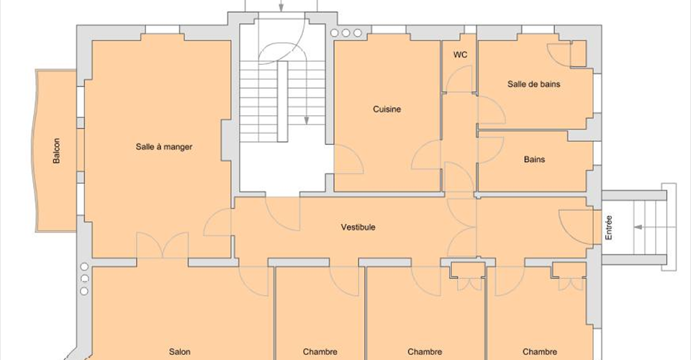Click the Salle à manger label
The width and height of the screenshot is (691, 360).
click(164, 147)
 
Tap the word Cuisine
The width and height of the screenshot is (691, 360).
click(387, 109)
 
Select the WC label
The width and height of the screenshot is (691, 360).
click(460, 55)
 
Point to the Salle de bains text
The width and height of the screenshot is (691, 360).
click(533, 84)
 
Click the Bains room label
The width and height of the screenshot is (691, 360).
click(534, 159)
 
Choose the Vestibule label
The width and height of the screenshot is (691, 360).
click(358, 227)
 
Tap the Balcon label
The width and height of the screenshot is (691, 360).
click(56, 150)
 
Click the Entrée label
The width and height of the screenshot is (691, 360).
click(609, 228)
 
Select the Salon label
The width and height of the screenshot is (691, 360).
click(180, 351)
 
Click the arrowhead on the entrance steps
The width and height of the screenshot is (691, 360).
click(638, 228)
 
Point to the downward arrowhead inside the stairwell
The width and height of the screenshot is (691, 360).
click(307, 120)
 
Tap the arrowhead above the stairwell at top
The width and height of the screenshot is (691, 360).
click(281, 7)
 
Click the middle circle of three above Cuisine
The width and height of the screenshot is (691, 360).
click(346, 33)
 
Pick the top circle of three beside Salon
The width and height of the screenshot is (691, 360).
click(84, 266)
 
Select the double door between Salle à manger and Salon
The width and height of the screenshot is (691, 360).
click(163, 245)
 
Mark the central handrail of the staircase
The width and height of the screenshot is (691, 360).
click(282, 102)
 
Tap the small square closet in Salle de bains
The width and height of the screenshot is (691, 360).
click(578, 54)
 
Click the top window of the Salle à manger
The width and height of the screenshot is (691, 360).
click(163, 30)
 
